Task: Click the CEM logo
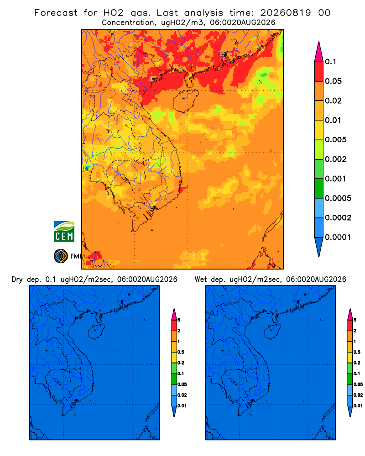[x=64, y=232]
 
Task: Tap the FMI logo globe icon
[x=61, y=256]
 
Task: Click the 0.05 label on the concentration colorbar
[x=333, y=81]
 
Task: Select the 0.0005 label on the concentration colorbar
[x=338, y=198]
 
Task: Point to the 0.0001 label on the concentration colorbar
[x=338, y=237]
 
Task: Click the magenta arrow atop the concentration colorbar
[x=319, y=52]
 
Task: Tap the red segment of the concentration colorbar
[x=319, y=72]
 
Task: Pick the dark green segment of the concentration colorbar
[x=319, y=188]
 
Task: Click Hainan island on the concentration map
[x=185, y=101]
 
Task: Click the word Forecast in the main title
[x=56, y=13]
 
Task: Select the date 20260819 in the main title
[x=286, y=13]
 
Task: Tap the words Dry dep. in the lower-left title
[x=26, y=280]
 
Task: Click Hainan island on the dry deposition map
[x=96, y=332]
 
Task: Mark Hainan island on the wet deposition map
[x=273, y=332]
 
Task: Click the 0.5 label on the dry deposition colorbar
[x=181, y=352]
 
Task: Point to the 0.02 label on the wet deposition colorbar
[x=358, y=395]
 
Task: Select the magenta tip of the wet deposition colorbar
[x=350, y=314]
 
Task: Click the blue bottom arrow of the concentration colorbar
[x=319, y=246]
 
